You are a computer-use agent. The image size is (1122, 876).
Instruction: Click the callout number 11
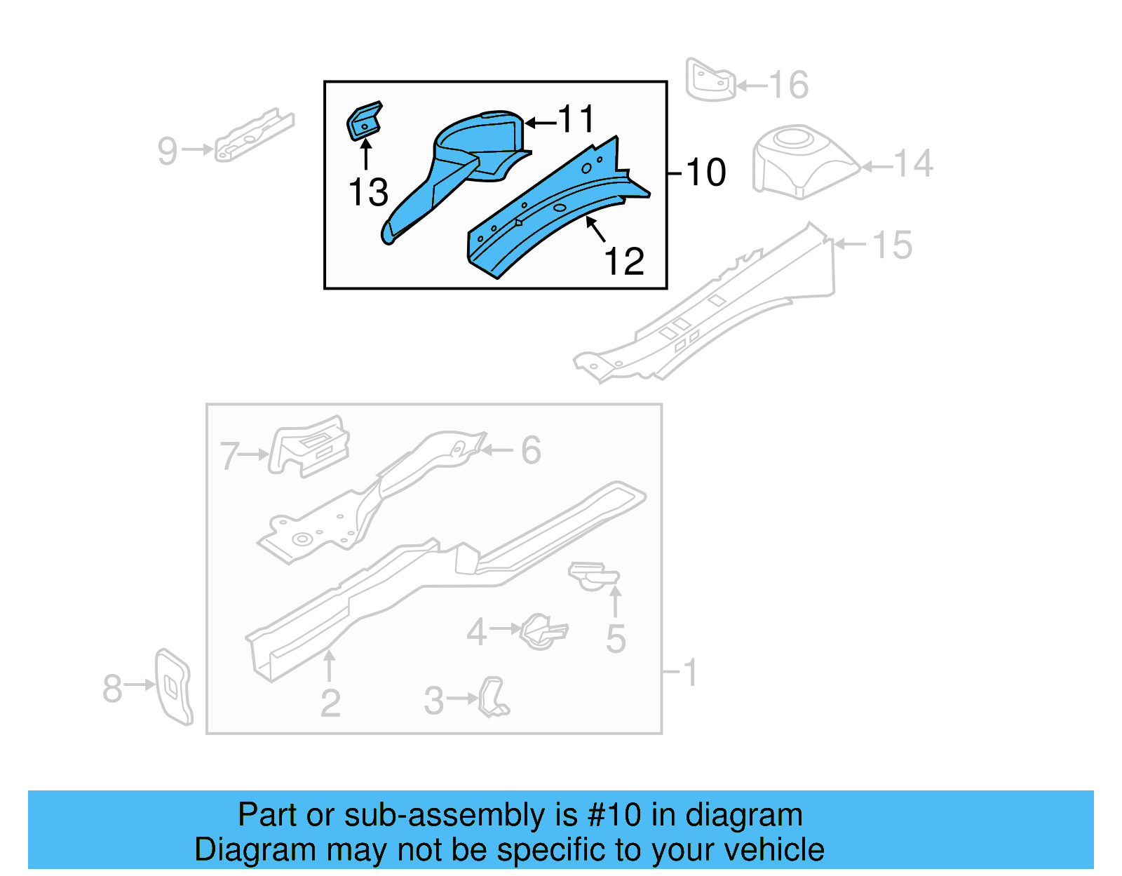pos(576,119)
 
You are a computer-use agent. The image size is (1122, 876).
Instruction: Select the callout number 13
pos(368,192)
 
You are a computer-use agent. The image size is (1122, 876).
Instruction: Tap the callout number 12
pos(623,262)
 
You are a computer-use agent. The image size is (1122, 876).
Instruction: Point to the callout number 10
pos(706,173)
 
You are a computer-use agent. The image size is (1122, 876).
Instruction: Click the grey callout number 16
pos(789,86)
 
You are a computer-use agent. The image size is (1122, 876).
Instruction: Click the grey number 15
pos(892,245)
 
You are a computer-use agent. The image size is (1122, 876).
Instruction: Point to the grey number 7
pos(230,456)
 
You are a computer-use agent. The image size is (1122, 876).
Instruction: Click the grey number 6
pos(531,450)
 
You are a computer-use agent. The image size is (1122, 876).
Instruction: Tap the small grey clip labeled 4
pos(543,631)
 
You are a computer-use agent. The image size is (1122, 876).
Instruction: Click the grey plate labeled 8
pos(173,686)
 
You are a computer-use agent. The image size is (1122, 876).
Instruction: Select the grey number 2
pos(330,703)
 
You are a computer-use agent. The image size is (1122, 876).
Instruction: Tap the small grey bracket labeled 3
pos(494,697)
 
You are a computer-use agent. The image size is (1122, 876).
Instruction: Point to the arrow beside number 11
pos(540,123)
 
